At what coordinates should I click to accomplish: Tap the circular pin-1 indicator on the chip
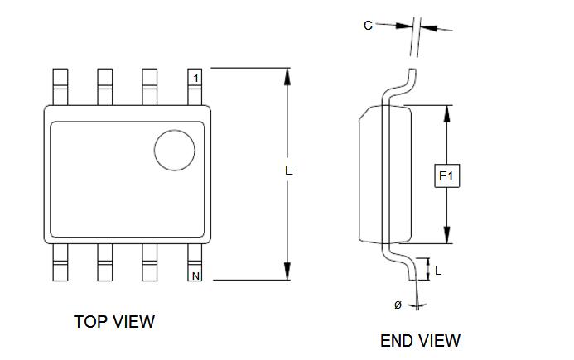[175, 151]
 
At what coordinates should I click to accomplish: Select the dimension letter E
[288, 170]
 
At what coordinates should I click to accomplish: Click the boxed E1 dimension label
[446, 175]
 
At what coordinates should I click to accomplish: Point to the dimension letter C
[368, 26]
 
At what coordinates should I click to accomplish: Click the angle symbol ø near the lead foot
[398, 305]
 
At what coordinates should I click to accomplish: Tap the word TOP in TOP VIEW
[89, 322]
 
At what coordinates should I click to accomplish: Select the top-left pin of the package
[60, 85]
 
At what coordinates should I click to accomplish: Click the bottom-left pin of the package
[60, 263]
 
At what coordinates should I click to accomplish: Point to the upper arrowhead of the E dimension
[287, 75]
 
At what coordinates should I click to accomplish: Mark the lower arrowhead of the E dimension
[287, 272]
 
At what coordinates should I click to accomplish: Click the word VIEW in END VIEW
[440, 341]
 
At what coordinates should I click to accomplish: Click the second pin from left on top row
[105, 85]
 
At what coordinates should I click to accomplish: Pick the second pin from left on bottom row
[105, 263]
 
